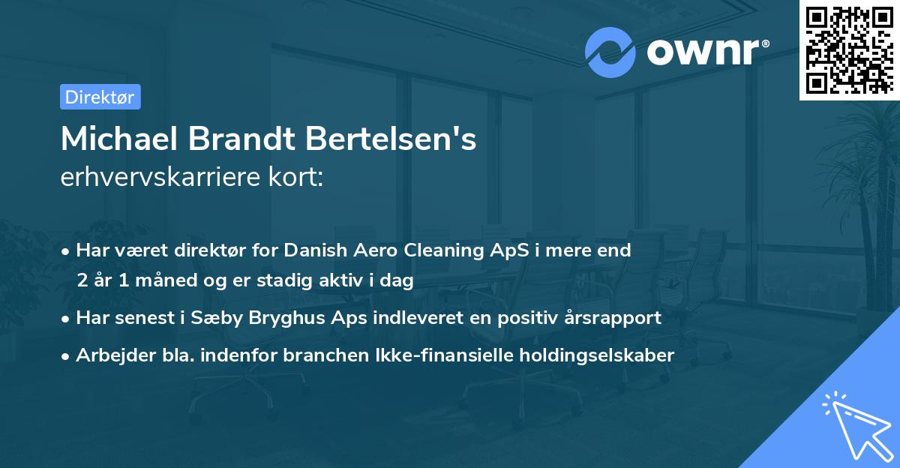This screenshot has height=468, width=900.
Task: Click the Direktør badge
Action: tap(100, 97)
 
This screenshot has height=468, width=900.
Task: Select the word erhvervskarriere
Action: tap(153, 178)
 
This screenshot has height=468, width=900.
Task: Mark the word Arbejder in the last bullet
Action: tap(109, 355)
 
